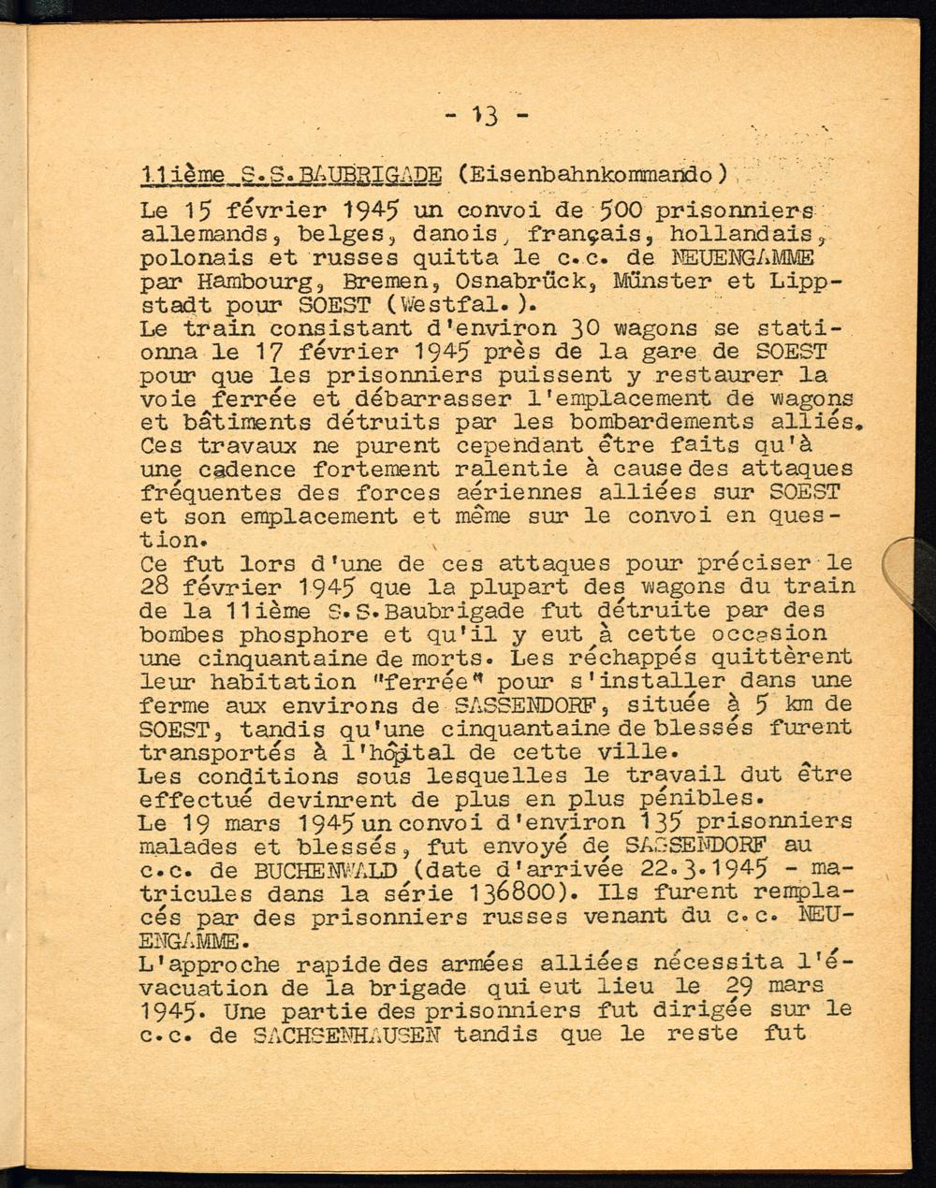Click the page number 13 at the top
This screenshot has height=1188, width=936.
486,116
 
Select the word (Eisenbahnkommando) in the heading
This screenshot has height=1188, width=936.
593,174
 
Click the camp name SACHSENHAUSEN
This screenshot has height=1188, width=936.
354,1035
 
